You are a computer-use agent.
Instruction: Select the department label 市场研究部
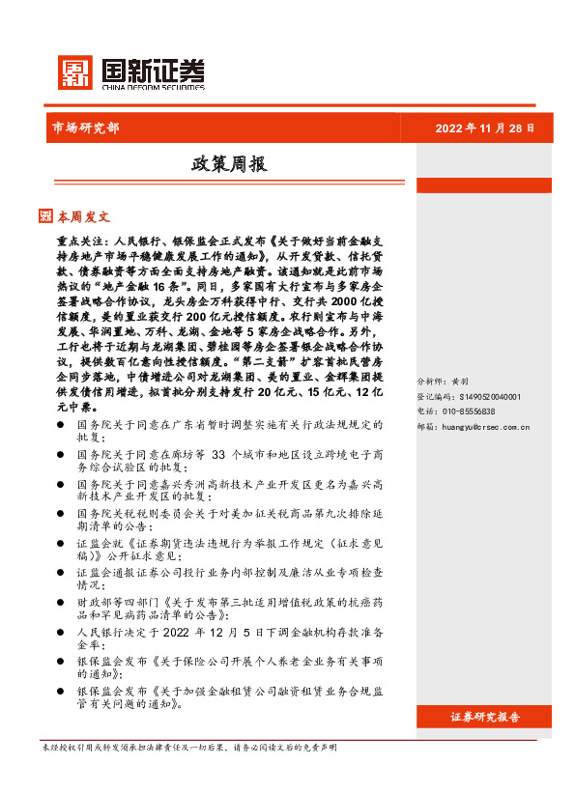pyautogui.click(x=84, y=128)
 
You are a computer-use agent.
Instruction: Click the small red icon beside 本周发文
pyautogui.click(x=45, y=216)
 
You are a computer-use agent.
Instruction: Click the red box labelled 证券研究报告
pyautogui.click(x=485, y=717)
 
